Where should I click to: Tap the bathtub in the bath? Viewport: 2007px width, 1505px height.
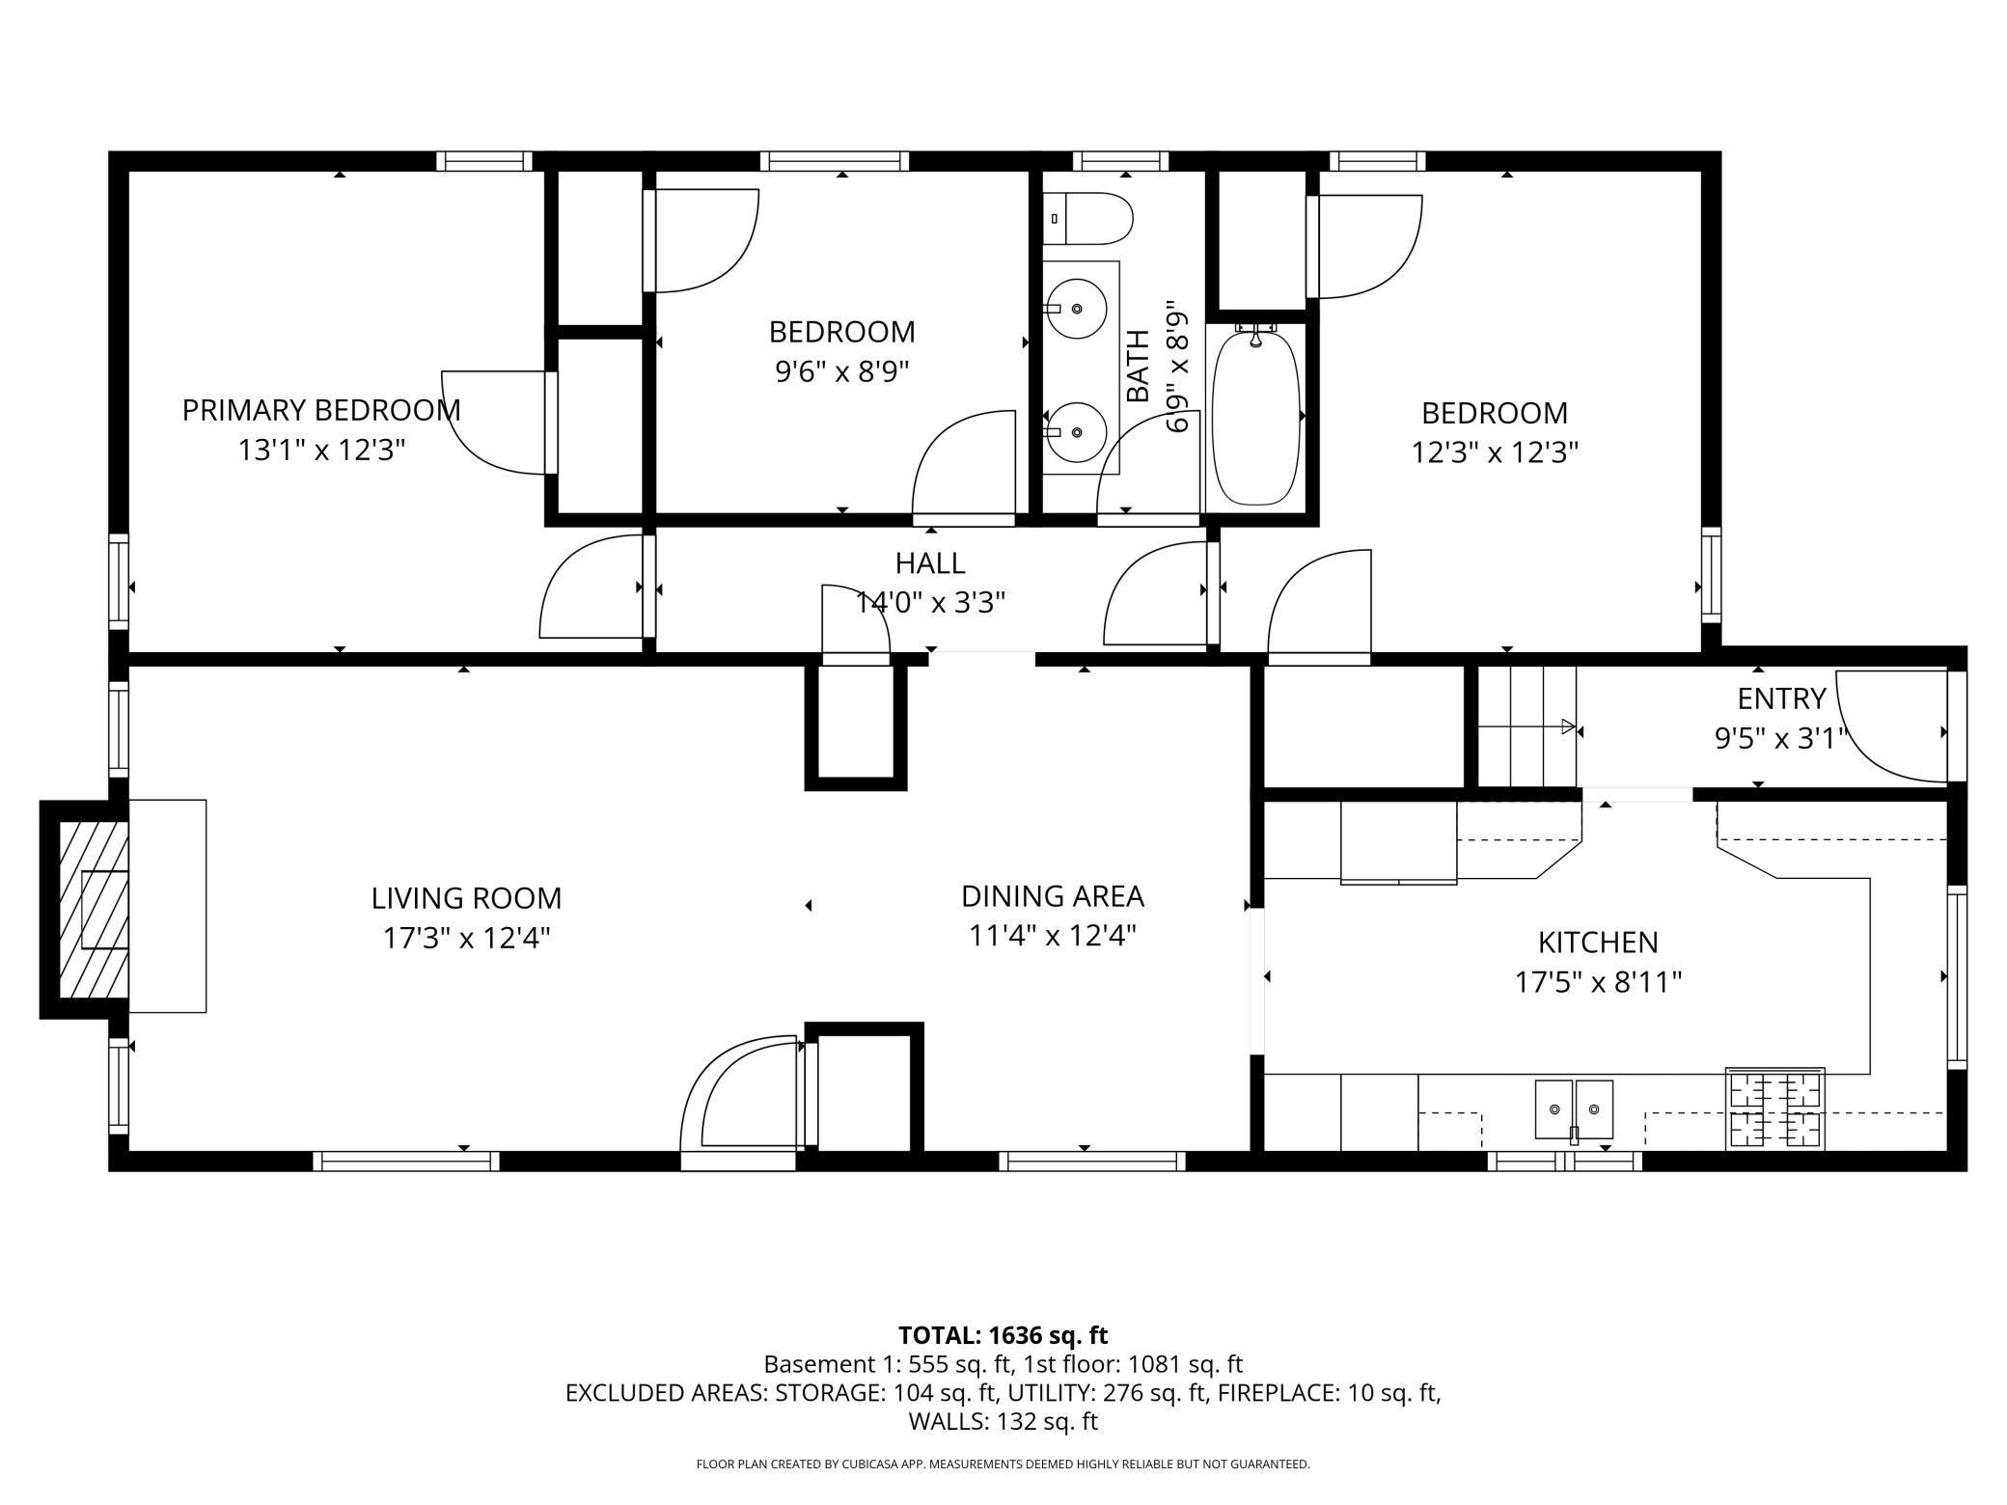click(1255, 416)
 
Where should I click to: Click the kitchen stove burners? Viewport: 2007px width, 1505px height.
click(1774, 1108)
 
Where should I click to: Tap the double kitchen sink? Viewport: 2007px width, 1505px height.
click(1574, 1109)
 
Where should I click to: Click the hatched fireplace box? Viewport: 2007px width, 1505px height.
click(94, 910)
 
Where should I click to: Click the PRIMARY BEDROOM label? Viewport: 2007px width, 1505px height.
click(321, 410)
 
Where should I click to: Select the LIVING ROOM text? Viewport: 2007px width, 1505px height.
click(466, 898)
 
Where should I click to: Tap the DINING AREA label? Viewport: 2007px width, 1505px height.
click(1053, 896)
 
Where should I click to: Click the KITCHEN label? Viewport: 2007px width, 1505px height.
click(1598, 942)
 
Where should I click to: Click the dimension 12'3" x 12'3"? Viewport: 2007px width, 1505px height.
click(1495, 451)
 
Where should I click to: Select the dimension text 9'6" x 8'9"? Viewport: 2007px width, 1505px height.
click(842, 371)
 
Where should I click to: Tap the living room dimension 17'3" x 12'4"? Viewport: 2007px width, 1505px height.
click(466, 938)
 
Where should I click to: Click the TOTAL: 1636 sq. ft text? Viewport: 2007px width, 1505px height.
click(1003, 1335)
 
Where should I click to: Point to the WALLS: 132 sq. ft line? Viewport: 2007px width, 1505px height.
click(1003, 1421)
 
